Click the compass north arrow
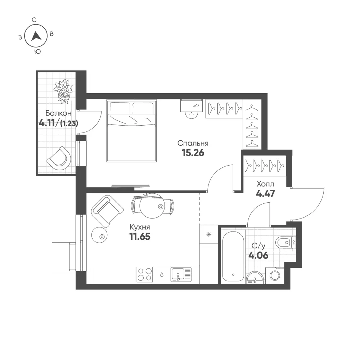tap(36, 36)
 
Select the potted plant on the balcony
tap(63, 91)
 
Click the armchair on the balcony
tap(59, 158)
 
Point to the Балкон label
tap(58, 113)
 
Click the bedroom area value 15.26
tap(193, 153)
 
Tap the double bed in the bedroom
tap(131, 131)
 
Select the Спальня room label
tap(193, 143)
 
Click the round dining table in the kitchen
tap(152, 206)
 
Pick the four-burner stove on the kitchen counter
tap(145, 274)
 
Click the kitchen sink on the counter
tap(181, 275)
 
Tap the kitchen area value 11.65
tap(140, 236)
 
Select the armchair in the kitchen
tap(107, 211)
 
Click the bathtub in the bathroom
tap(233, 256)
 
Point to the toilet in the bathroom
tap(285, 242)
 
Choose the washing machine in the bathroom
tap(275, 275)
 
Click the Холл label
tap(265, 184)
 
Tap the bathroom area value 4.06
tap(258, 255)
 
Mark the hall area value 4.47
tap(265, 193)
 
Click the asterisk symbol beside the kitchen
tap(209, 235)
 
